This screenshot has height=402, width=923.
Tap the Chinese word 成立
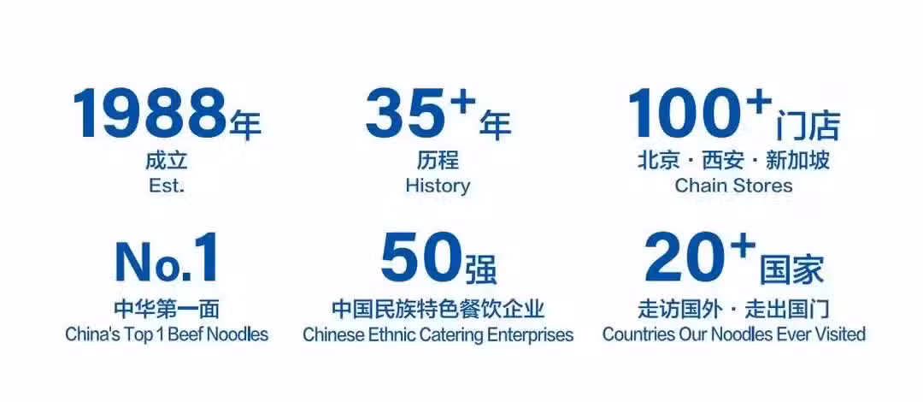[x=167, y=160]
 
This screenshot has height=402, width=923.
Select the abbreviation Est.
[x=167, y=186]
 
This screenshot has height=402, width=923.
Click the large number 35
[x=403, y=113]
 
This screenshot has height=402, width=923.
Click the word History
[x=438, y=186]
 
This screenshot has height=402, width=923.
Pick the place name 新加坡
[x=797, y=160]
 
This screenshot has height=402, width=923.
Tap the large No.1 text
[x=167, y=259]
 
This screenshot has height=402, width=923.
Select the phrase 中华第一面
[x=167, y=308]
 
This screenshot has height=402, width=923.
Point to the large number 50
[x=420, y=258]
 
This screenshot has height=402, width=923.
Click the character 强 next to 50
[x=481, y=270]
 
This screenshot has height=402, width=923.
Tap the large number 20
[x=684, y=258]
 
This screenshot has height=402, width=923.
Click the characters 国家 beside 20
[x=791, y=270]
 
